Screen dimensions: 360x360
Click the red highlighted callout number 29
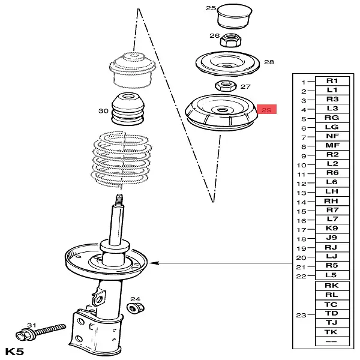point(266,110)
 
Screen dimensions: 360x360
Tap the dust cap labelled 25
point(235,16)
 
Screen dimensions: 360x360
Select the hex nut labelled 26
point(231,40)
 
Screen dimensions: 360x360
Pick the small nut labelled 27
point(226,86)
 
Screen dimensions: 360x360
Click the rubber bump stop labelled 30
point(128,109)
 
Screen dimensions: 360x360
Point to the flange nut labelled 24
point(136,308)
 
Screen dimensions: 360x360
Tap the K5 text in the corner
point(14,352)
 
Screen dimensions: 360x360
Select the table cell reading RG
point(332,118)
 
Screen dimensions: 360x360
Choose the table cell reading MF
point(332,145)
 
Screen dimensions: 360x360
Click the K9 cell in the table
point(332,229)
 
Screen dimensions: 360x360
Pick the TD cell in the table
point(332,313)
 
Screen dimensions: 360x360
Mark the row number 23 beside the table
point(301,315)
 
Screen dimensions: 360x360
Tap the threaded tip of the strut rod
point(119,200)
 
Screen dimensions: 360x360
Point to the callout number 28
point(269,62)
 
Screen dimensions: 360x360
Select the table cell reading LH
point(332,191)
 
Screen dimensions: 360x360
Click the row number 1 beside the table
point(304,82)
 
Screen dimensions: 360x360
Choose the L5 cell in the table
point(332,275)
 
